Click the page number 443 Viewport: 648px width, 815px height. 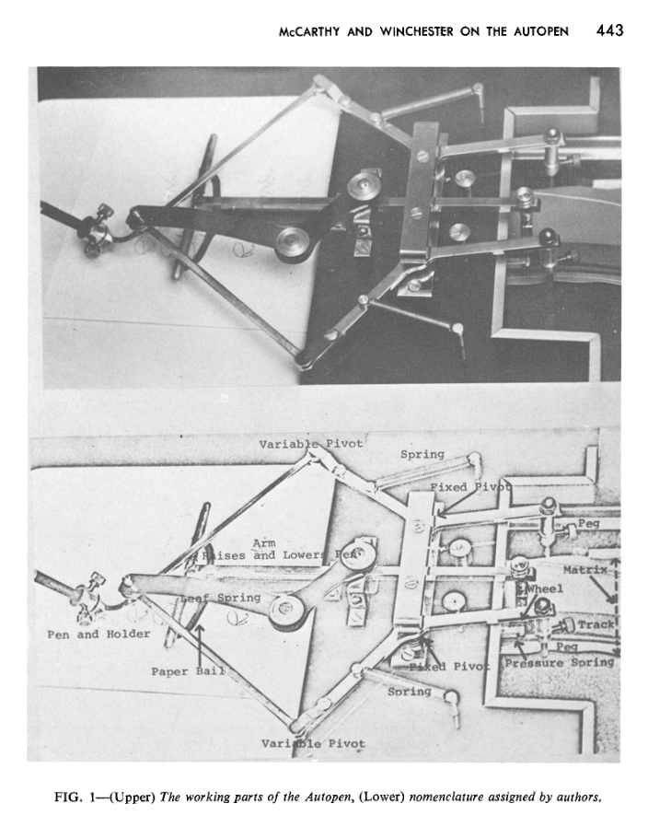coord(609,30)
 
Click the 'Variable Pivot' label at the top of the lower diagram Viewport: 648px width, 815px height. coord(312,444)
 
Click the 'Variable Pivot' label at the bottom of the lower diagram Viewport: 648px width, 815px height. coord(313,742)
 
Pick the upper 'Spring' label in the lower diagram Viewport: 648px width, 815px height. coord(422,454)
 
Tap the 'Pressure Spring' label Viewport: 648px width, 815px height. coord(560,662)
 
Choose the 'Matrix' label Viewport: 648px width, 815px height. coord(585,571)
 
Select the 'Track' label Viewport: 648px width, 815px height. coord(596,625)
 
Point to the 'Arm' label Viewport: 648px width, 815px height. coord(264,543)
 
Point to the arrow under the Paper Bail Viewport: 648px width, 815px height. coord(197,636)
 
